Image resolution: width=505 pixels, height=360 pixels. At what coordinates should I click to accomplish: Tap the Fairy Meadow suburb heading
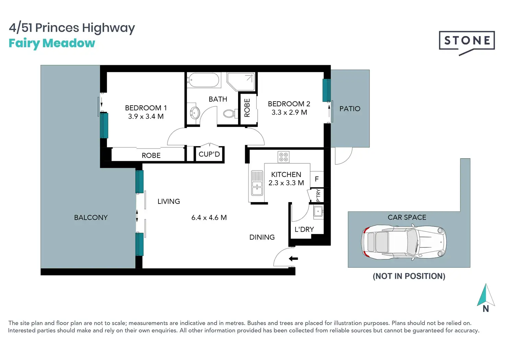[x=52, y=43]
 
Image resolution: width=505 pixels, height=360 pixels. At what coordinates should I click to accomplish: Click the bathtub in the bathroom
[x=204, y=80]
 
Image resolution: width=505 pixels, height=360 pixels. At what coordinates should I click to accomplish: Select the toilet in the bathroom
[x=231, y=114]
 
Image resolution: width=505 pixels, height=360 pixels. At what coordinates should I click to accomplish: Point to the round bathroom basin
[x=195, y=113]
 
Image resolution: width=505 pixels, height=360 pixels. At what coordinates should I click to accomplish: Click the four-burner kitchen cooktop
[x=283, y=157]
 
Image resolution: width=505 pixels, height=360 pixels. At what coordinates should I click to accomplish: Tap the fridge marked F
[x=317, y=179]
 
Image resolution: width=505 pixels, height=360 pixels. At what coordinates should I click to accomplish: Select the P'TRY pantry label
[x=318, y=195]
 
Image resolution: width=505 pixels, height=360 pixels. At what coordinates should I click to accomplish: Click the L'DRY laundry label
[x=304, y=229]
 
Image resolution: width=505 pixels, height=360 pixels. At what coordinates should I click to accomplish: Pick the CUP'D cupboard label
[x=209, y=154]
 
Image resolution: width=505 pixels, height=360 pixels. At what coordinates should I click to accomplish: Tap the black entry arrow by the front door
[x=293, y=258]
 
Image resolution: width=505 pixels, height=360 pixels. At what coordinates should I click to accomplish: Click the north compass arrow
[x=486, y=295]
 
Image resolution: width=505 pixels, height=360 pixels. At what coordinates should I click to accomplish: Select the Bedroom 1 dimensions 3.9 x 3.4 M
[x=146, y=117]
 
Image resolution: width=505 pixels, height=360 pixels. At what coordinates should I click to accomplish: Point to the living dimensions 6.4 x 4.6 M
[x=209, y=218]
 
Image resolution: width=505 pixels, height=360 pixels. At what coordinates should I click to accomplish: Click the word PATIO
[x=350, y=109]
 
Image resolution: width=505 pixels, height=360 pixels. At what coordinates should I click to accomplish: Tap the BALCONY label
[x=91, y=218]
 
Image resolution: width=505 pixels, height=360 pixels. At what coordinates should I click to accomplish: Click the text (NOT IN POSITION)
[x=409, y=276]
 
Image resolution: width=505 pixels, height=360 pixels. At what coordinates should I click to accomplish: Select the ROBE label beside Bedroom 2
[x=247, y=108]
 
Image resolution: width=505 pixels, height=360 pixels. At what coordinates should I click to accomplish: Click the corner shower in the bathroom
[x=241, y=81]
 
